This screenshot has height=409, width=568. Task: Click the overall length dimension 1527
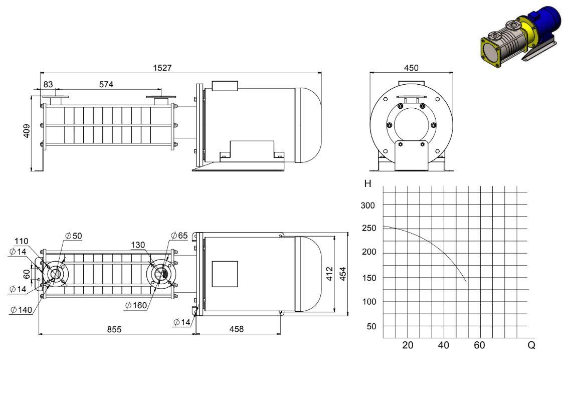coord(162,68)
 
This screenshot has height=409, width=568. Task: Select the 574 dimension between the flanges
coord(106,84)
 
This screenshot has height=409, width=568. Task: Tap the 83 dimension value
coord(48,84)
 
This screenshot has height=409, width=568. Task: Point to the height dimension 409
coord(27,131)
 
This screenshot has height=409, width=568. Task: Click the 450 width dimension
coord(411,68)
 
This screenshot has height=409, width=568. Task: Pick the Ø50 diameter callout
coord(74,236)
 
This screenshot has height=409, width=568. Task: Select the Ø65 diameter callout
coord(179,236)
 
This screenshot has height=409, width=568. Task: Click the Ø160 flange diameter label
coord(136,305)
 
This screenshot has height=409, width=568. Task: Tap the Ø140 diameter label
coord(22,310)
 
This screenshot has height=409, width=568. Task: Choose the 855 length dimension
coord(114,329)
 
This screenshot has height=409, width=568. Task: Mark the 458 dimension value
coord(237,329)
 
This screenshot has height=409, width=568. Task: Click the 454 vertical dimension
coord(343,274)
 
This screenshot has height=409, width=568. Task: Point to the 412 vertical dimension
coord(329,274)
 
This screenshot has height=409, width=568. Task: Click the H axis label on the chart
coord(367,184)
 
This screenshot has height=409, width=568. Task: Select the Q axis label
coord(531,345)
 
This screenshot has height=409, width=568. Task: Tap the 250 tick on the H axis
coord(369,228)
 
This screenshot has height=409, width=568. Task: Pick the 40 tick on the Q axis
coord(443,345)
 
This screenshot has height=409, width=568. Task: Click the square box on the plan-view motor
coord(225,274)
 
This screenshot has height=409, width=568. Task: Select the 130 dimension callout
coord(138,245)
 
